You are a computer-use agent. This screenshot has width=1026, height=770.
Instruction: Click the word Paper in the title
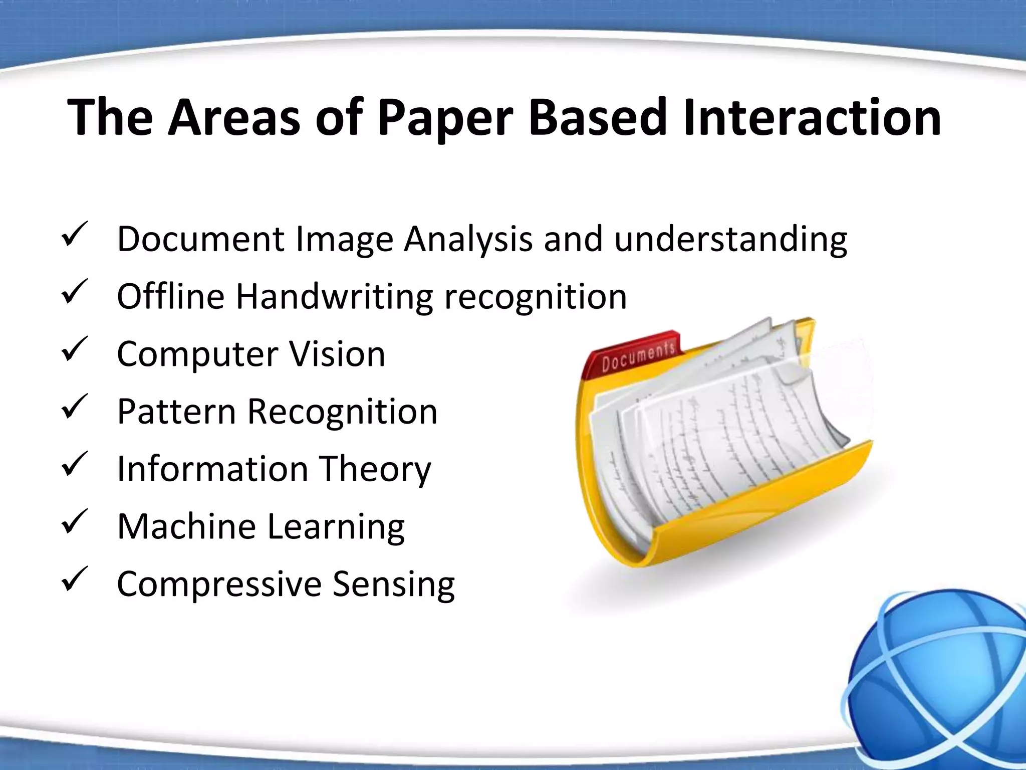coord(445,119)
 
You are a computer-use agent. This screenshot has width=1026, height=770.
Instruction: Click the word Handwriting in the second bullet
coord(334,297)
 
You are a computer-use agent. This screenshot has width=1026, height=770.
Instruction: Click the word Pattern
coord(176,412)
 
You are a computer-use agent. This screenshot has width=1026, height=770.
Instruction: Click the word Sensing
coord(394,585)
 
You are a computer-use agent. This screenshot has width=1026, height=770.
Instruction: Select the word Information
coord(212,469)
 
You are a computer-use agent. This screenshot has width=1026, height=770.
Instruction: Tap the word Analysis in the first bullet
coord(468,240)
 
